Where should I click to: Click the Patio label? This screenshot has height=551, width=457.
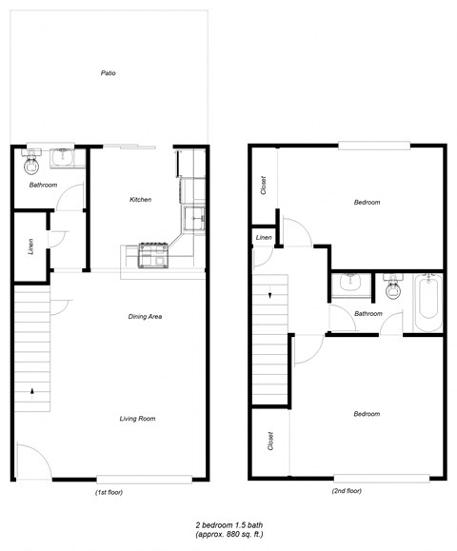pyautogui.click(x=109, y=73)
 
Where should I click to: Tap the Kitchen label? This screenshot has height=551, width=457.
pyautogui.click(x=140, y=200)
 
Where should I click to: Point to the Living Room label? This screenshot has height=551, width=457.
pyautogui.click(x=138, y=419)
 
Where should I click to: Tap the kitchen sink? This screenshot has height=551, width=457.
pyautogui.click(x=194, y=218)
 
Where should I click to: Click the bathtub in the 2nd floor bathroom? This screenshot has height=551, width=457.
pyautogui.click(x=427, y=299)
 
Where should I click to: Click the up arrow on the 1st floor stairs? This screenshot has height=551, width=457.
pyautogui.click(x=34, y=389)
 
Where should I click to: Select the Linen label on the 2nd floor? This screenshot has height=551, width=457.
pyautogui.click(x=264, y=237)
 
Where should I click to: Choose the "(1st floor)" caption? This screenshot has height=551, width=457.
pyautogui.click(x=109, y=492)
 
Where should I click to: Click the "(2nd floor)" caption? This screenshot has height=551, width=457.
pyautogui.click(x=347, y=492)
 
